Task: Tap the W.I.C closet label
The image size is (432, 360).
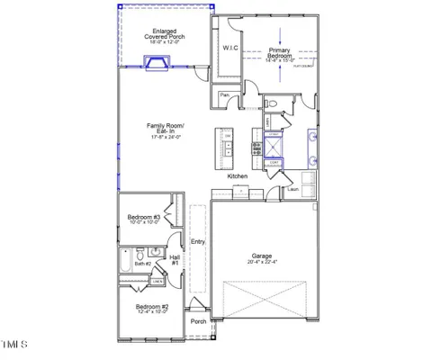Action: click(229, 49)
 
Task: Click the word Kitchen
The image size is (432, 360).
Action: click(237, 176)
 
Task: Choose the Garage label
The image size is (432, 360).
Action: click(262, 256)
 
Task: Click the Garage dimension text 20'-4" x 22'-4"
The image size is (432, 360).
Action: click(262, 263)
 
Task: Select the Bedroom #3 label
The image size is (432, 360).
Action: click(143, 218)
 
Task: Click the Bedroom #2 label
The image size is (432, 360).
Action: click(152, 308)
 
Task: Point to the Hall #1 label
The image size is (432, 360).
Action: click(175, 260)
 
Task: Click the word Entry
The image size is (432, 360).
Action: click(198, 241)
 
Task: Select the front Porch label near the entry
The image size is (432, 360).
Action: click(198, 321)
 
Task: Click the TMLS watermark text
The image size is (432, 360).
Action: click(15, 344)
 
